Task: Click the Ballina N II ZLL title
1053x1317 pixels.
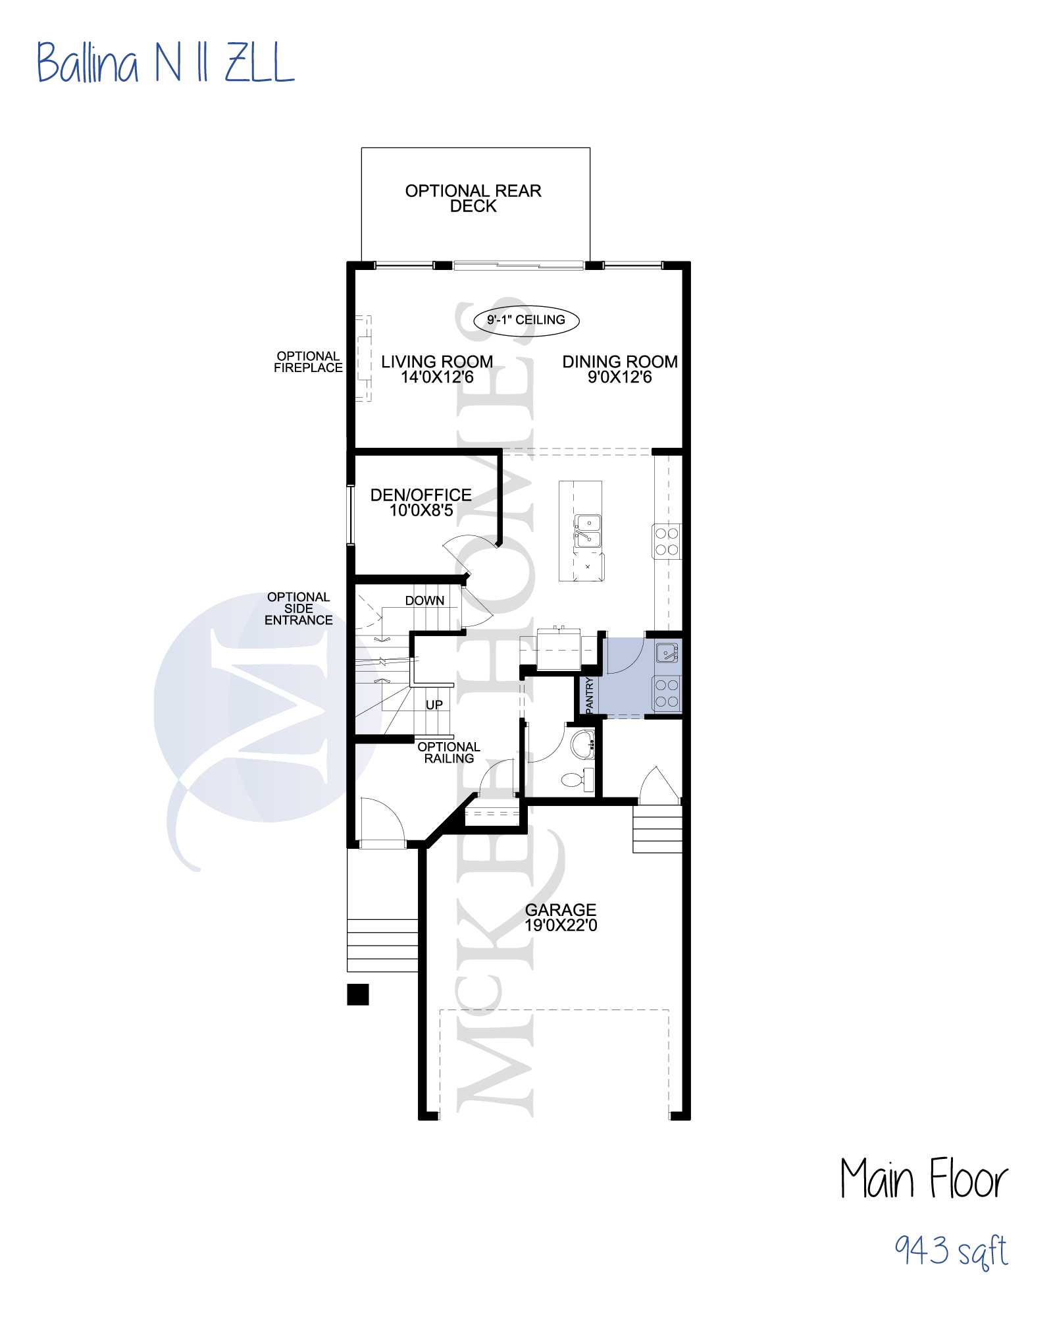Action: (x=165, y=63)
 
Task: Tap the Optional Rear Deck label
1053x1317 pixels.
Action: (x=473, y=198)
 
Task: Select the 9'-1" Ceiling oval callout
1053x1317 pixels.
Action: (x=526, y=321)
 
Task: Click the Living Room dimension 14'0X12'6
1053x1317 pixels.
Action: (x=437, y=377)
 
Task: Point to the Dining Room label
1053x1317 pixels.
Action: (x=620, y=362)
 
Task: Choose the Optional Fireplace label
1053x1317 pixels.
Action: (x=308, y=362)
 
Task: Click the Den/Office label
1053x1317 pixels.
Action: (x=421, y=495)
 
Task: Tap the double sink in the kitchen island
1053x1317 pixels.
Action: (x=588, y=531)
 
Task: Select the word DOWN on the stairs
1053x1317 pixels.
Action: (x=424, y=601)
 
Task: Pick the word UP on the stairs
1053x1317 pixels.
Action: (x=434, y=705)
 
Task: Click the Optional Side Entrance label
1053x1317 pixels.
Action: (x=299, y=608)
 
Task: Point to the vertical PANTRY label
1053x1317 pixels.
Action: (x=589, y=694)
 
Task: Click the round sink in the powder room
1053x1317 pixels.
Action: (x=583, y=745)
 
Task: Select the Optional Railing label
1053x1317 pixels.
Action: (x=449, y=753)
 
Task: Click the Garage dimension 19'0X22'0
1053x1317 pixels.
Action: (x=561, y=925)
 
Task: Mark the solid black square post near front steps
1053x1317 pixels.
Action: (x=358, y=994)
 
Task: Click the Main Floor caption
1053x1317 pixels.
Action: (x=924, y=1178)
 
